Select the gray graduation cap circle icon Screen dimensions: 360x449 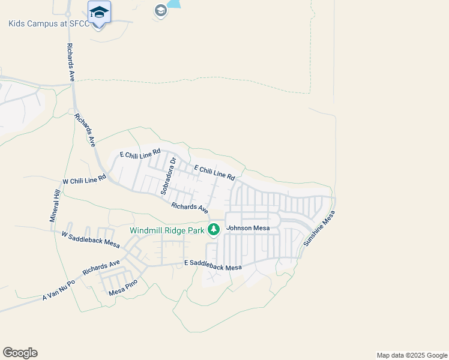tap(160, 10)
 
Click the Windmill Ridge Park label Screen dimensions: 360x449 tap(168, 230)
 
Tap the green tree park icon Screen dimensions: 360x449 tap(213, 229)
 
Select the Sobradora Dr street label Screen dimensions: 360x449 tap(167, 176)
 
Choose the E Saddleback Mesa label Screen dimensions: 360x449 tap(212, 265)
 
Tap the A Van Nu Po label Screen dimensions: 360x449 tap(59, 290)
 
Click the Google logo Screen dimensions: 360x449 tap(20, 353)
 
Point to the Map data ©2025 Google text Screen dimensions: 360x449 tap(412, 355)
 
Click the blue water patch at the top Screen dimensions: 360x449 tap(174, 4)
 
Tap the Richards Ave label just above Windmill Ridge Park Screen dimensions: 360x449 tap(190, 208)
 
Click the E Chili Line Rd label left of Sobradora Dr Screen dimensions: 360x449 tap(140, 154)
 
